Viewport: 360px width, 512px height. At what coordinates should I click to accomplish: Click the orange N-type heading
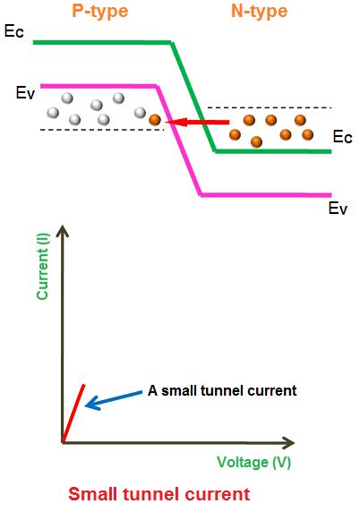260,13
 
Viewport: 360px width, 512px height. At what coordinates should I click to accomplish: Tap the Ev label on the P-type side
25,92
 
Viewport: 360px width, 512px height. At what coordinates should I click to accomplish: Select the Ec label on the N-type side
341,137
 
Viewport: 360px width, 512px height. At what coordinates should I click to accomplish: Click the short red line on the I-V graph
73,413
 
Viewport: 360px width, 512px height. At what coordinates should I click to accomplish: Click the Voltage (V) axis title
253,462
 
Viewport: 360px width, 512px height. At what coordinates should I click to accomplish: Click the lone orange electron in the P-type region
155,120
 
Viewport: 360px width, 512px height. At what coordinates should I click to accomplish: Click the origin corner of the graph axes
64,441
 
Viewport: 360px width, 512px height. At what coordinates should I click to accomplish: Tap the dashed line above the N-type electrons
269,107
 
